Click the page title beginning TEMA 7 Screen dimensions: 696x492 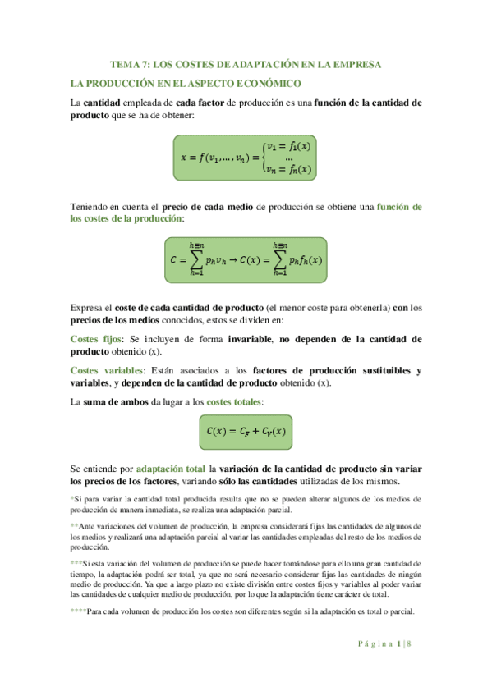246,64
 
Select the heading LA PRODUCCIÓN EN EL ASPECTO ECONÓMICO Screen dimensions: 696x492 186,84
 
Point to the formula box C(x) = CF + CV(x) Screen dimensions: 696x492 246,430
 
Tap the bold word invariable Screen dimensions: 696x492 248,338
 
